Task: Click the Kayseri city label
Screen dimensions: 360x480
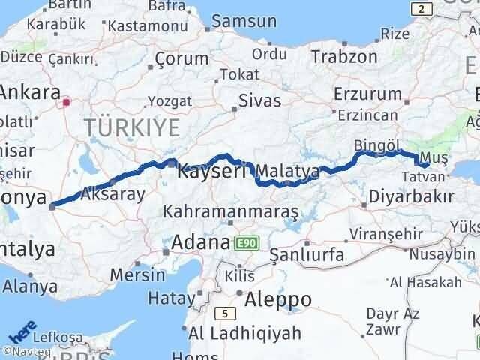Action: tap(212, 172)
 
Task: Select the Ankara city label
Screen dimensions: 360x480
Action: tap(30, 94)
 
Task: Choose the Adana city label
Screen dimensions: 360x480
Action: tap(200, 243)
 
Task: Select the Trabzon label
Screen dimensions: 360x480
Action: tap(344, 56)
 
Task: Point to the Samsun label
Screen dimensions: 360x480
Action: tap(233, 21)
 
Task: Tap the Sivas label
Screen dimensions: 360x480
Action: tap(259, 100)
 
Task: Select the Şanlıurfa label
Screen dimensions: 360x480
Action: tap(307, 255)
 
